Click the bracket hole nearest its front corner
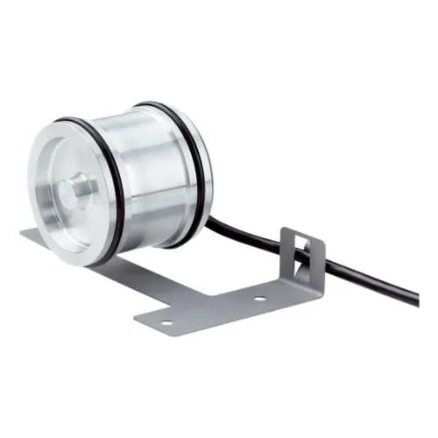(166, 323)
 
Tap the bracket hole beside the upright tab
(259, 300)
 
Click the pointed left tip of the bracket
(22, 233)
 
